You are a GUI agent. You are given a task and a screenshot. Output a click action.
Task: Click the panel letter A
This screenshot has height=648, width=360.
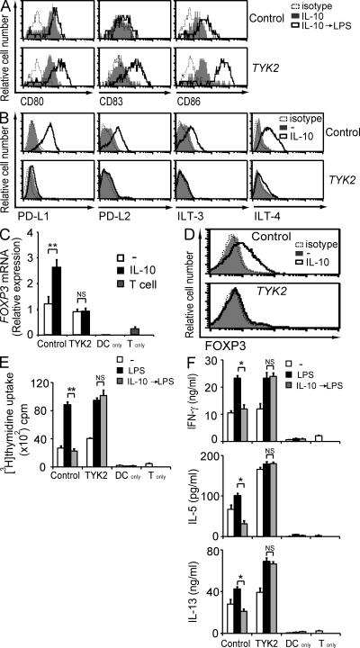pos(6,8)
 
